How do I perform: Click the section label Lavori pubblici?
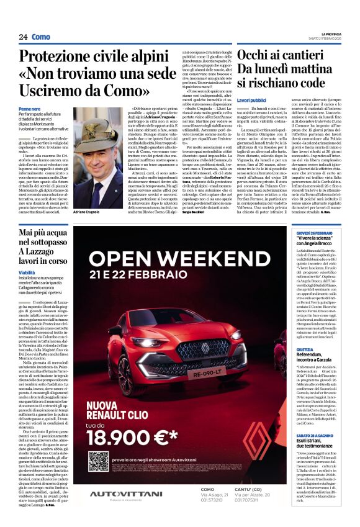click(x=251, y=100)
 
